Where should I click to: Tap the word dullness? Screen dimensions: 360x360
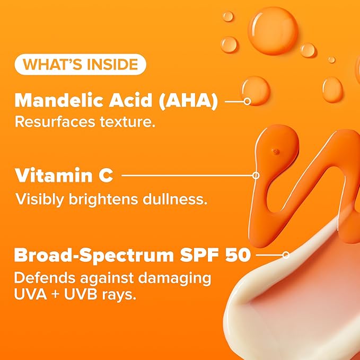pos(181,199)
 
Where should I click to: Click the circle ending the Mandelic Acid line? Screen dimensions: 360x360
pos(247,100)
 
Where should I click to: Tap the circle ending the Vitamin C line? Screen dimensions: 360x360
pos(256,174)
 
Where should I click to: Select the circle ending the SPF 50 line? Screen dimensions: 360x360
pos(286,254)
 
